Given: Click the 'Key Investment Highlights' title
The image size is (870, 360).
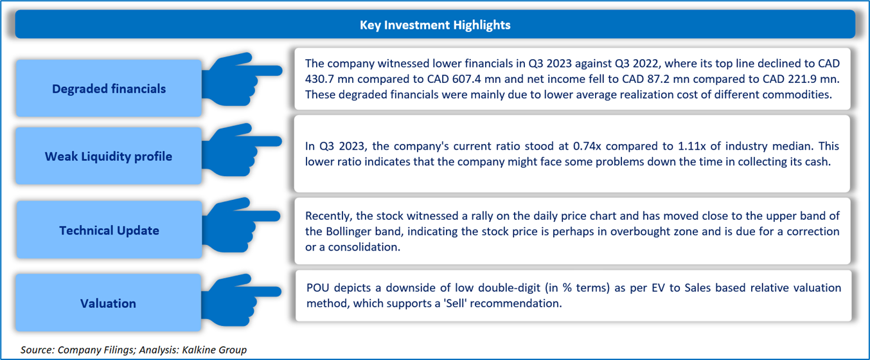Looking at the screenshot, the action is (435, 25).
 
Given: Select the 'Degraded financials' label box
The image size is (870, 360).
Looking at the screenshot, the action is (109, 88).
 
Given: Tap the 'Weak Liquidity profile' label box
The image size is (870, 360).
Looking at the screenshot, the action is (109, 156).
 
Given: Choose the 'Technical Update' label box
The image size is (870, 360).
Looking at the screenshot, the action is (109, 230).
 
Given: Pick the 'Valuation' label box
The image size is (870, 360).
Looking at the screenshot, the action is (109, 302).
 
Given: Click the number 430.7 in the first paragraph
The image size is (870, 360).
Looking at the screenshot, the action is (319, 79).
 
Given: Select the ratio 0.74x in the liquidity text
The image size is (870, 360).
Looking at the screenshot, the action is (587, 146).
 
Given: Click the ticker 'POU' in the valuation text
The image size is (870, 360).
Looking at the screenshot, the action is (317, 288).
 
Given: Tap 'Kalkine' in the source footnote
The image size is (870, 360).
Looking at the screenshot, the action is (197, 350).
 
